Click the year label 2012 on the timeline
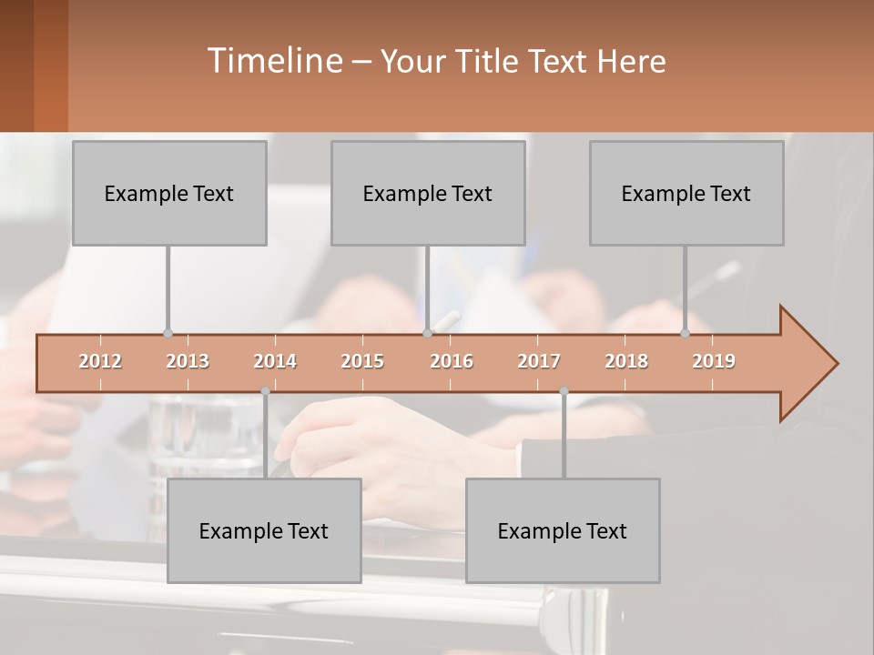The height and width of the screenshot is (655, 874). coord(100,361)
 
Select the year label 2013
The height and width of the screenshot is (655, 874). coord(188,361)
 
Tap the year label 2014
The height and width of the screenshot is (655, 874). coord(275,361)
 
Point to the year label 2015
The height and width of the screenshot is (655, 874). coord(362,361)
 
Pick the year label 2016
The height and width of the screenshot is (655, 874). coord(452,361)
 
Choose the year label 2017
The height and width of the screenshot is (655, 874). coord(539,361)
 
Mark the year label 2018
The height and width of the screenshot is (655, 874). coord(626,361)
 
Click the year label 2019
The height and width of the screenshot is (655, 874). coord(714,361)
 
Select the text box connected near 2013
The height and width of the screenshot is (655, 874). coord(169,193)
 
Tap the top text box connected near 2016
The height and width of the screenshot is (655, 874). coord(428,193)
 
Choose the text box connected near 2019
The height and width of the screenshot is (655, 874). coord(686,193)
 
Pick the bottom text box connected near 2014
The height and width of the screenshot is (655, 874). coord(264,530)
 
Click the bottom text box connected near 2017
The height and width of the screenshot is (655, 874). coord(563,530)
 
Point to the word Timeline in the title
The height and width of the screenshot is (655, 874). coord(273,61)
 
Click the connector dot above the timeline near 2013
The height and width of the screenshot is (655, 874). coord(168,334)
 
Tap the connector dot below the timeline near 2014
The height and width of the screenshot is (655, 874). coord(265,391)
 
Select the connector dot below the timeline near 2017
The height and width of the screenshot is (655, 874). coord(564,391)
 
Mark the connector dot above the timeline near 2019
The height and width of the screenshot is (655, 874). coord(685,334)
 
